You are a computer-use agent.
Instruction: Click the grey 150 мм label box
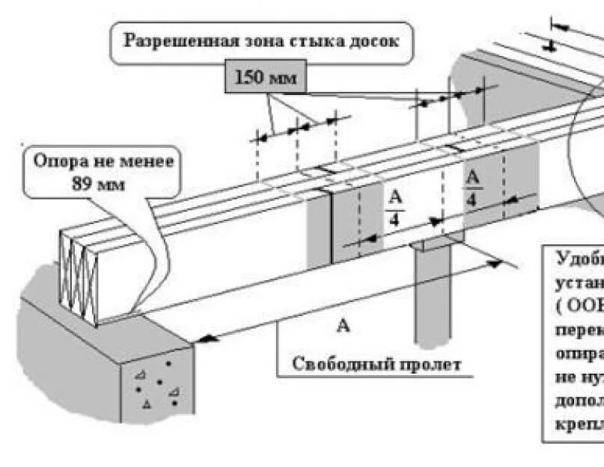click(265, 77)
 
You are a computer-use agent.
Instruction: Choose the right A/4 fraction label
click(472, 188)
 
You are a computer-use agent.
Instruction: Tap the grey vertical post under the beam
click(434, 299)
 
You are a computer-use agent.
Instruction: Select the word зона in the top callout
click(255, 40)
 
